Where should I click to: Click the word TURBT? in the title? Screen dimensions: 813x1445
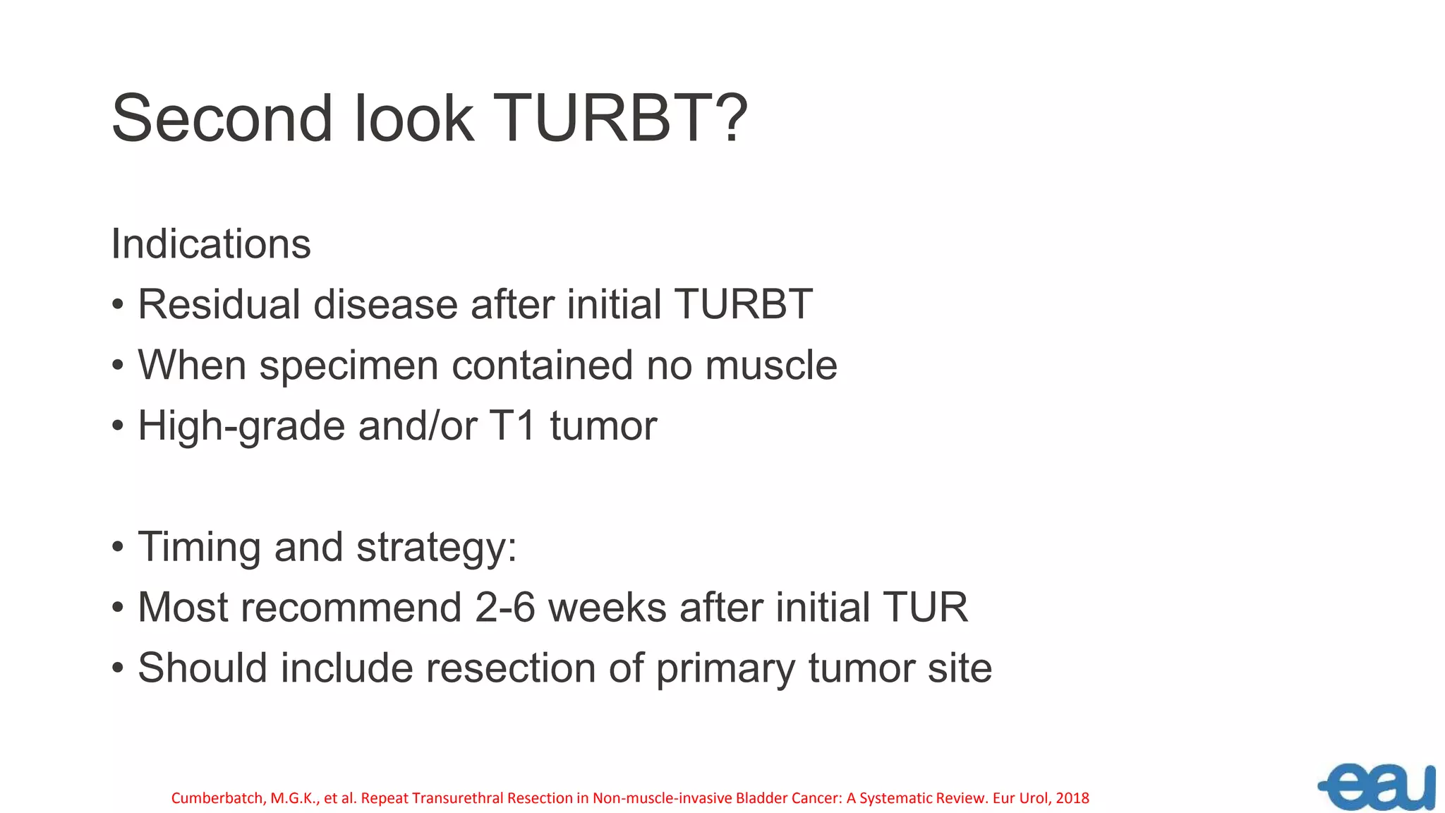619,119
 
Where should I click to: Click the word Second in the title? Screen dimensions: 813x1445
222,119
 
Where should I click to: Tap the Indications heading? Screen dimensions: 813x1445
211,244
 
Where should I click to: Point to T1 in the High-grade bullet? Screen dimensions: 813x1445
513,426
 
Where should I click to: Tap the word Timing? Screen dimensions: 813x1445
199,548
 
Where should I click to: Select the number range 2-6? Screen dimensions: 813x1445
505,608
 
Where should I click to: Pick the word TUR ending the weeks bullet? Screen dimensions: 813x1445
924,608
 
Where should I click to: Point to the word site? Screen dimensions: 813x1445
960,668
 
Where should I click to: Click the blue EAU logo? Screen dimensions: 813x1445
1378,786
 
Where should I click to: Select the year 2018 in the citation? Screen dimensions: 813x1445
1072,798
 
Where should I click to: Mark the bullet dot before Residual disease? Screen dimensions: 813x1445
118,306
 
